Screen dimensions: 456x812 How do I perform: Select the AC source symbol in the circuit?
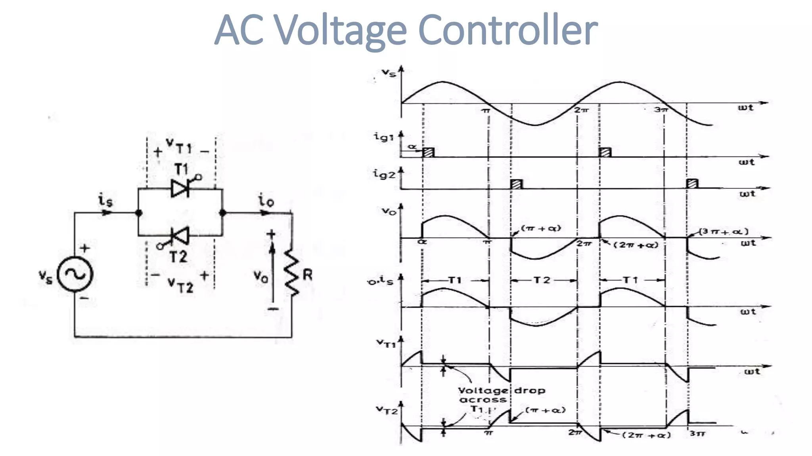[75, 274]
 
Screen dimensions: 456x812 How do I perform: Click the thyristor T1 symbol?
[180, 188]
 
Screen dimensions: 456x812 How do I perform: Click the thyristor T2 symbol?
[179, 236]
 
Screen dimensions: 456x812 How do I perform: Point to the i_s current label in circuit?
[105, 201]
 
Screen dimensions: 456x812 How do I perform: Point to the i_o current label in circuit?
[266, 200]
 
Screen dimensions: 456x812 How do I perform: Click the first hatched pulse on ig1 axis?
[428, 152]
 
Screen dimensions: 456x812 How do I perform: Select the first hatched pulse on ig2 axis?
[516, 184]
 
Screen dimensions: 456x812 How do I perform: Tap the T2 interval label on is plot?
[542, 280]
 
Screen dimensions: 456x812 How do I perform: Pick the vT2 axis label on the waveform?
[387, 410]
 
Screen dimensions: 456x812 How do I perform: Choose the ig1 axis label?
[383, 137]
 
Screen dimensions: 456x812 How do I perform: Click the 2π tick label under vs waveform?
[582, 110]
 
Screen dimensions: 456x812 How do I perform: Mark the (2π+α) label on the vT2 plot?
[646, 435]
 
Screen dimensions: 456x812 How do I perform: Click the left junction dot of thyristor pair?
[139, 213]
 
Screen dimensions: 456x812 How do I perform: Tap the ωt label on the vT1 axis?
[752, 372]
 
